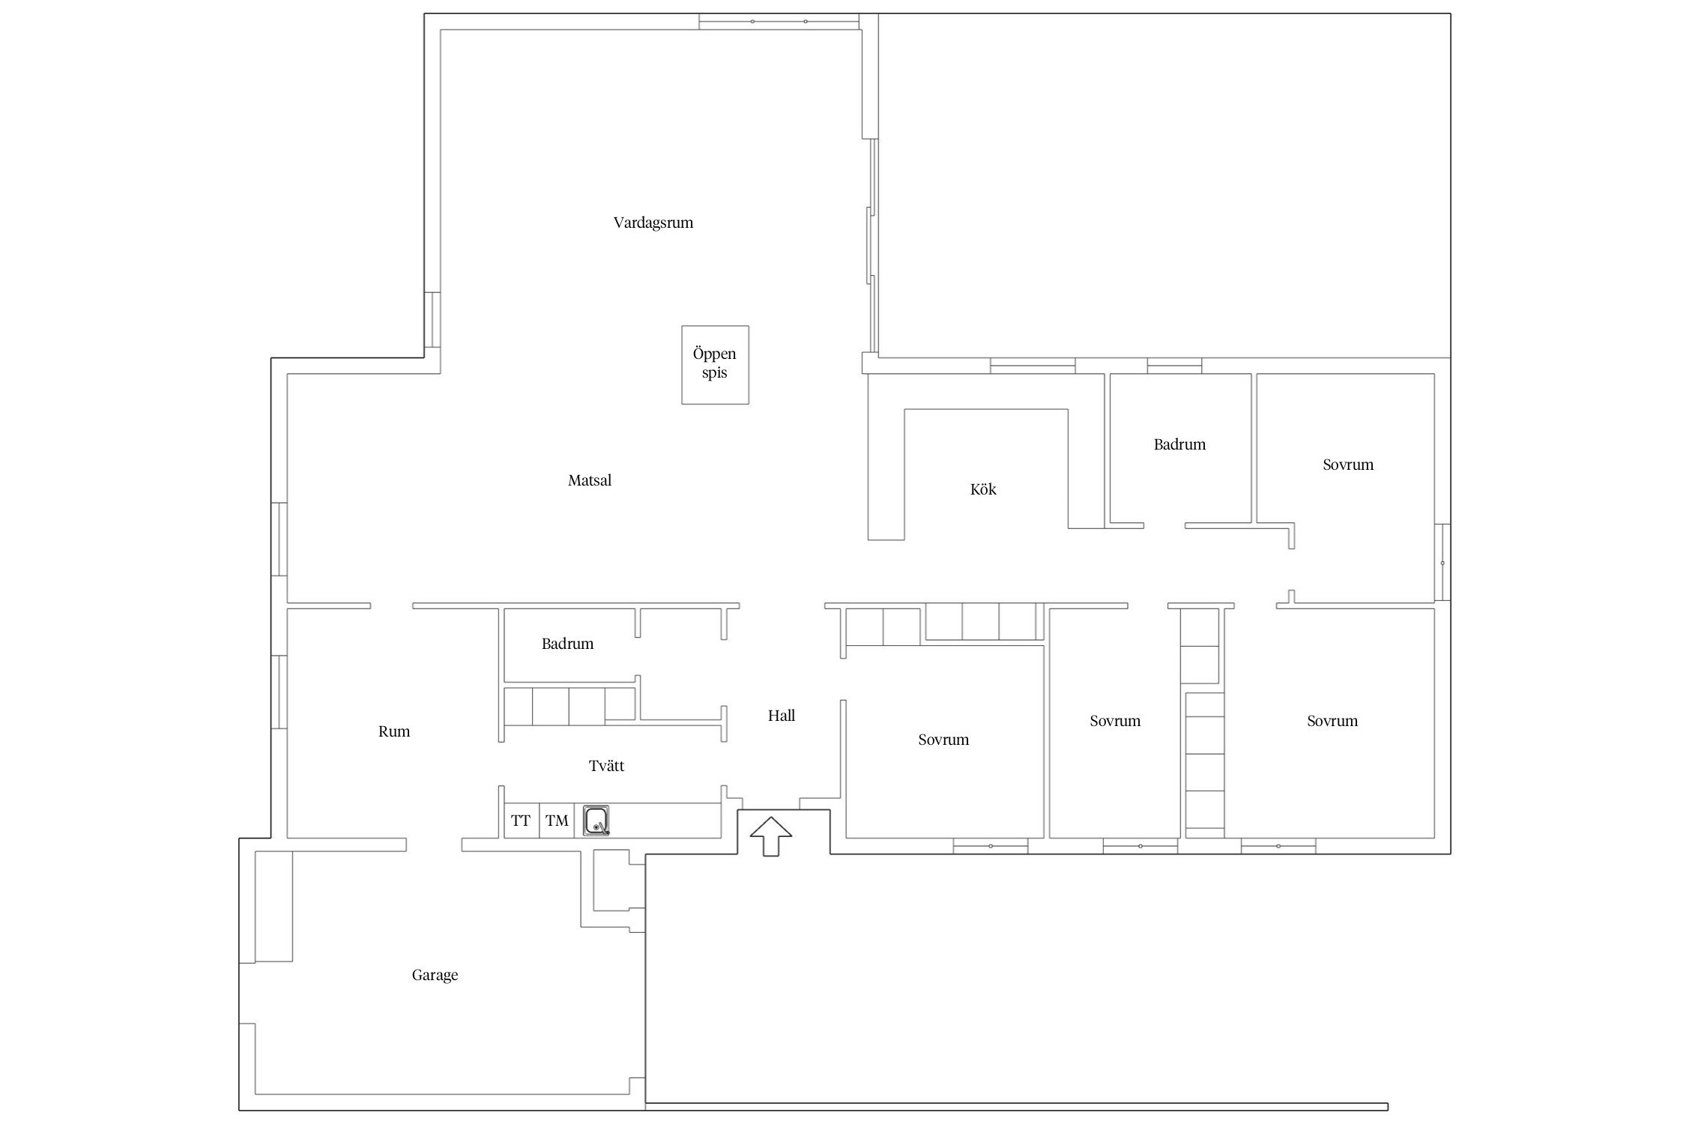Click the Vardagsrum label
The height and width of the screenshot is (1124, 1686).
point(653,223)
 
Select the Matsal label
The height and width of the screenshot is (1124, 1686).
point(589,480)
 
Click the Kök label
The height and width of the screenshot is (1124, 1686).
point(983,489)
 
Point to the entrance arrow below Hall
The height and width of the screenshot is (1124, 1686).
point(770,836)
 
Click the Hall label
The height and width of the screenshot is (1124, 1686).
point(781,716)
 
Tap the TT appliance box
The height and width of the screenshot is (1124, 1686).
point(521,821)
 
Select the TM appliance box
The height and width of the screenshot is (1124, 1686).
point(557,821)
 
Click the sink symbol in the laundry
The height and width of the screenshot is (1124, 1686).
point(596,821)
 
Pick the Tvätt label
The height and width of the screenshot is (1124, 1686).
point(606,766)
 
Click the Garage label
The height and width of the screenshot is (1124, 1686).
point(435,975)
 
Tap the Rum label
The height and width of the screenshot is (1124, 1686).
point(394,731)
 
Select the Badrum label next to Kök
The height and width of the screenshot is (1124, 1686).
point(1179,444)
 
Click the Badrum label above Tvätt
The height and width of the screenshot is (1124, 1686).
point(567,644)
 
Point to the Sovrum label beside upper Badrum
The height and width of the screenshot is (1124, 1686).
point(1348,465)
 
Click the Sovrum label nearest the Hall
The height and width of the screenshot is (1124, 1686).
point(943,740)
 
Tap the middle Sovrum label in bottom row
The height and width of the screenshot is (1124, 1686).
point(1115,721)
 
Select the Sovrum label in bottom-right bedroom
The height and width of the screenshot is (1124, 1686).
point(1332,721)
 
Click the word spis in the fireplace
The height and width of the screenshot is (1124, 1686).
point(714,373)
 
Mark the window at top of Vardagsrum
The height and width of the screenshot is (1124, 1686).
point(779,22)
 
